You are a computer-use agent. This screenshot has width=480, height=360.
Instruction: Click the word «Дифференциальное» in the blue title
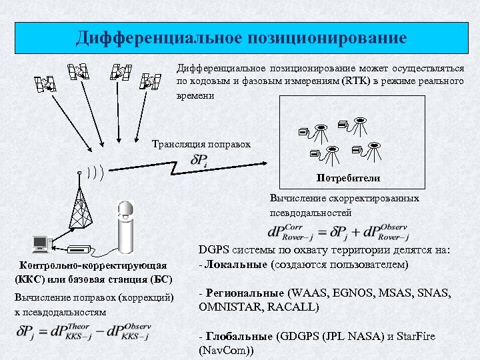[x=155, y=37]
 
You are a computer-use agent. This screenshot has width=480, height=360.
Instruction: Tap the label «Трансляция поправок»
[x=201, y=143]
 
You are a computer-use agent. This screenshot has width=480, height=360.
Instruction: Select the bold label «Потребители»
[x=348, y=178]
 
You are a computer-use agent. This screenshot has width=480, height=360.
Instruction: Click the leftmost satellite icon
[x=45, y=83]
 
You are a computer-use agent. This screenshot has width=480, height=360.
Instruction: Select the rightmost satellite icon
[x=151, y=82]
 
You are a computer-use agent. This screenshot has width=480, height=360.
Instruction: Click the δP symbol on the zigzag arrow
[x=199, y=161]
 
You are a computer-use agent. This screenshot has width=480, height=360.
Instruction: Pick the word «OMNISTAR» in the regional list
[x=227, y=307]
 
